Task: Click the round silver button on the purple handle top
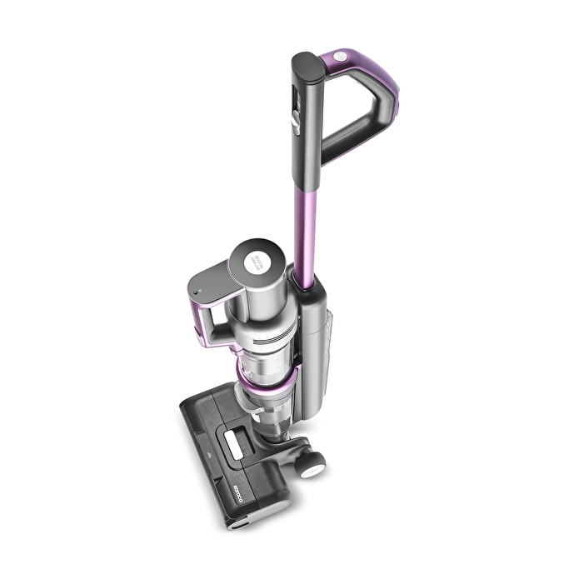(x=340, y=57)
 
